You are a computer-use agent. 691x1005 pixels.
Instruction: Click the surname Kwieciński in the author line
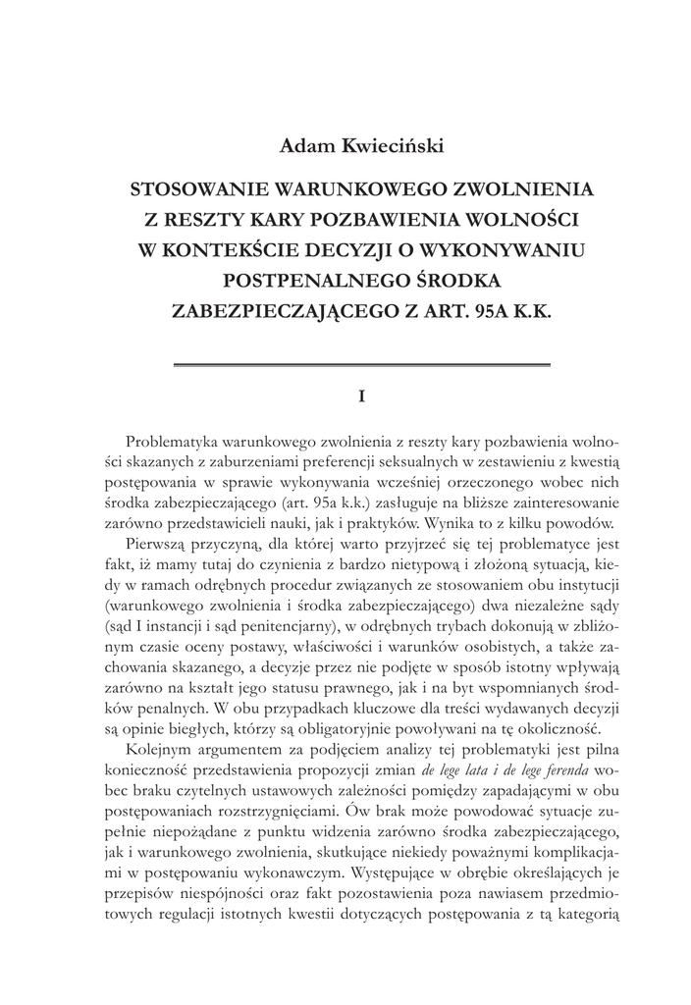390,146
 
